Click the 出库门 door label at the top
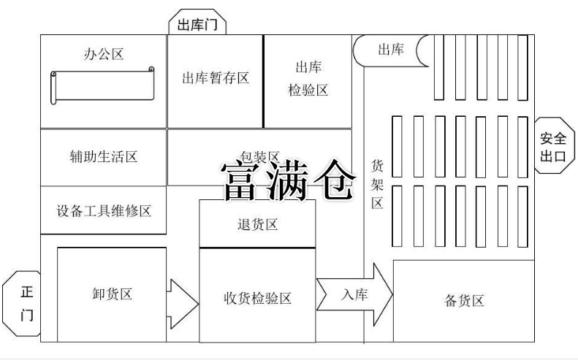pyautogui.click(x=197, y=24)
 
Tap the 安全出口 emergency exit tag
pyautogui.click(x=552, y=146)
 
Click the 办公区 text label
pyautogui.click(x=104, y=55)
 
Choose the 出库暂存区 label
pyautogui.click(x=215, y=78)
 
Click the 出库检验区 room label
pyautogui.click(x=308, y=78)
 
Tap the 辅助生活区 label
pyautogui.click(x=103, y=157)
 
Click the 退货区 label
pyautogui.click(x=257, y=223)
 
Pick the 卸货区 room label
pyautogui.click(x=112, y=294)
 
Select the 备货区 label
pyautogui.click(x=464, y=301)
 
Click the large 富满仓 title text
pyautogui.click(x=289, y=180)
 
